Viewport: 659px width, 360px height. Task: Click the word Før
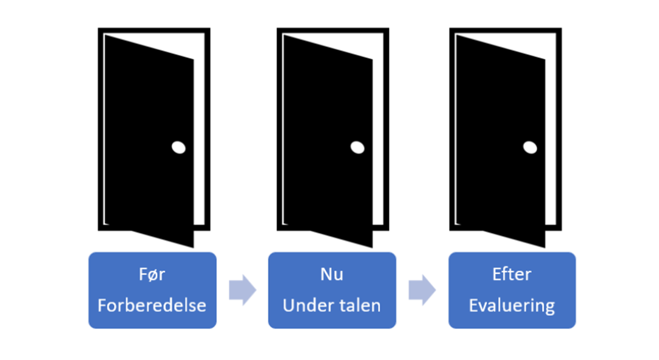tap(152, 274)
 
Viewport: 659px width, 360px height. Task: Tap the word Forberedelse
tap(152, 305)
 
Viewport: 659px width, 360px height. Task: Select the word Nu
tap(332, 274)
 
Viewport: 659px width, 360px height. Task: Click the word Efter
tap(512, 274)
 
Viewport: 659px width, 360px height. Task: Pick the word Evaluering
tap(512, 306)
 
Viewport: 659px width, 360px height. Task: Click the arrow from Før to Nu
tap(243, 290)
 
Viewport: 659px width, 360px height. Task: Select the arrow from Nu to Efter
tap(422, 290)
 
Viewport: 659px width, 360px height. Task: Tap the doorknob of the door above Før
tap(178, 148)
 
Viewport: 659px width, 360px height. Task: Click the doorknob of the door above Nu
tap(357, 148)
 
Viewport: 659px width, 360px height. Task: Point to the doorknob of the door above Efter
tap(530, 148)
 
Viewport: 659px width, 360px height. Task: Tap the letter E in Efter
tap(497, 274)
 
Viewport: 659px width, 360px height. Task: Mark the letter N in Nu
tap(326, 274)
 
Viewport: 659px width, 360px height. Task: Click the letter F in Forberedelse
tap(102, 305)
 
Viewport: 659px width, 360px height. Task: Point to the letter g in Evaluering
tap(550, 308)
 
